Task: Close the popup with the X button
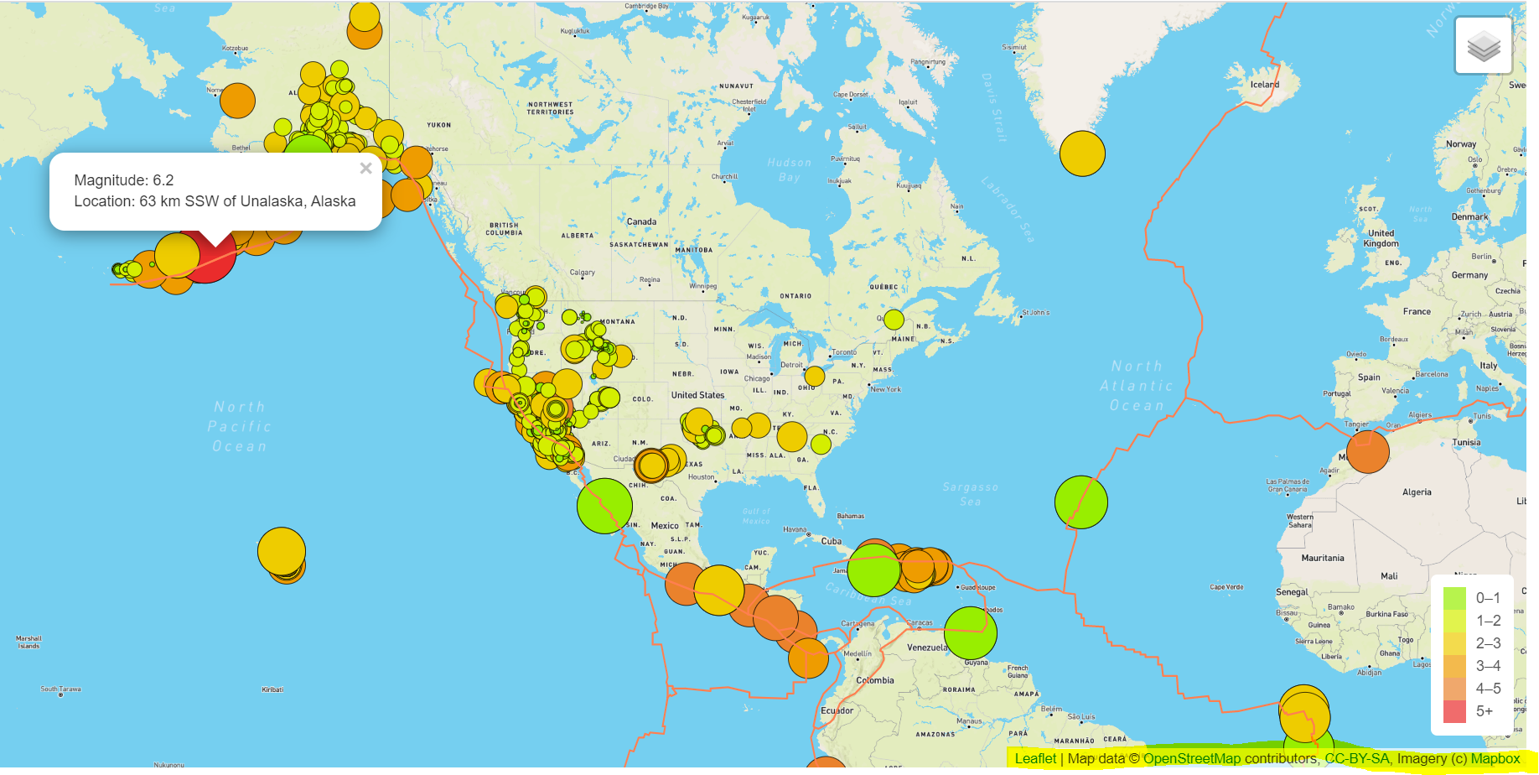pyautogui.click(x=365, y=169)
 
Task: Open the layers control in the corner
pyautogui.click(x=1483, y=46)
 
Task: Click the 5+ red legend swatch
pyautogui.click(x=1454, y=711)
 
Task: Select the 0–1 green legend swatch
pyautogui.click(x=1454, y=598)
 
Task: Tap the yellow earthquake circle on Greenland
pyautogui.click(x=1082, y=153)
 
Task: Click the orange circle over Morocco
pyautogui.click(x=1367, y=451)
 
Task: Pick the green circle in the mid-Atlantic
pyautogui.click(x=1080, y=502)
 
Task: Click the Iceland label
pyautogui.click(x=1264, y=85)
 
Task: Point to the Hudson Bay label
pyautogui.click(x=789, y=170)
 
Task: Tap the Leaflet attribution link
pyautogui.click(x=1035, y=759)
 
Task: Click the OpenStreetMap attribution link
pyautogui.click(x=1191, y=759)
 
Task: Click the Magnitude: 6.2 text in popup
pyautogui.click(x=124, y=180)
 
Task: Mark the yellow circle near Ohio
pyautogui.click(x=815, y=376)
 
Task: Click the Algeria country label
pyautogui.click(x=1417, y=492)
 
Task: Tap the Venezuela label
pyautogui.click(x=927, y=648)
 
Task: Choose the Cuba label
pyautogui.click(x=831, y=541)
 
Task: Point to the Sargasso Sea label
pyautogui.click(x=970, y=494)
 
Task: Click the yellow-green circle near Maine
pyautogui.click(x=894, y=320)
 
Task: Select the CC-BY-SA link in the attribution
pyautogui.click(x=1356, y=759)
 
